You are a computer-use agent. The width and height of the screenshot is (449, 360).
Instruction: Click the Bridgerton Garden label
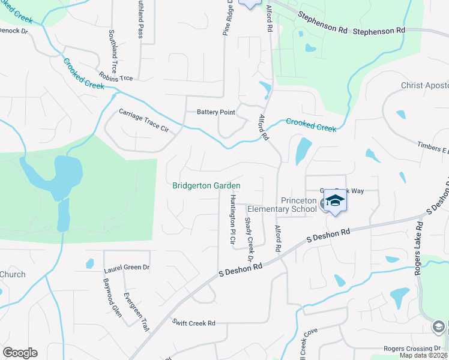pyautogui.click(x=206, y=186)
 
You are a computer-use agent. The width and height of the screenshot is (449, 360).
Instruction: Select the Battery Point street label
pyautogui.click(x=216, y=112)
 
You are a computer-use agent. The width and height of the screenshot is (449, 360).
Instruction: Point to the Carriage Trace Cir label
pyautogui.click(x=143, y=121)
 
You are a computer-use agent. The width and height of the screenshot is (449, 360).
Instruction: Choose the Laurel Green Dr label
pyautogui.click(x=127, y=268)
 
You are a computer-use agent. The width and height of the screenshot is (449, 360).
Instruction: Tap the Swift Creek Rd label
pyautogui.click(x=193, y=323)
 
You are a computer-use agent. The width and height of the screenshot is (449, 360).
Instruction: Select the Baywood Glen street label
pyautogui.click(x=108, y=295)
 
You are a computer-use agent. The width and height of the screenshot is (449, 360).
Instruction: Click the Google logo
pyautogui.click(x=20, y=353)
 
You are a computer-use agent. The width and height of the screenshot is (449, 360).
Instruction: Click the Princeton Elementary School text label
pyautogui.click(x=298, y=205)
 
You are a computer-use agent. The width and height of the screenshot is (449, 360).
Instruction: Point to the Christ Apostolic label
pyautogui.click(x=424, y=86)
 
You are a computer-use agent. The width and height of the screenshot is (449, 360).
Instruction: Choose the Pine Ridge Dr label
pyautogui.click(x=228, y=18)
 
